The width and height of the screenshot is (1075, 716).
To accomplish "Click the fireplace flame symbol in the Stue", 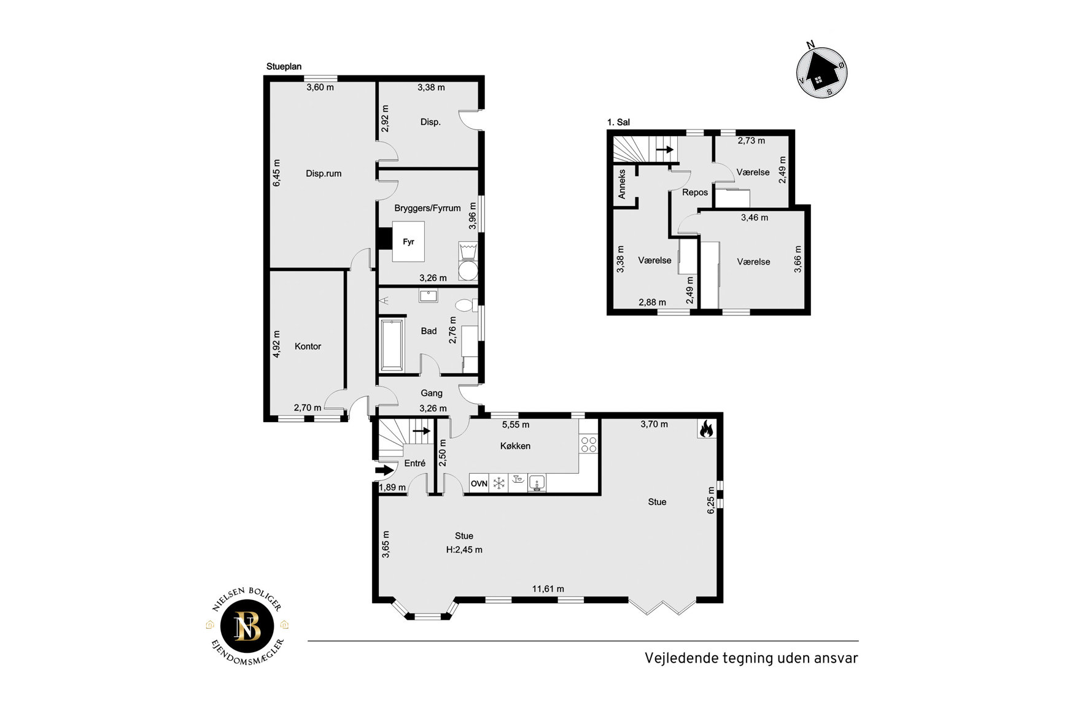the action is [x=706, y=428].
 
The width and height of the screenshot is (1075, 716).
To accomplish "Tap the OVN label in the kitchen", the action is [x=479, y=483].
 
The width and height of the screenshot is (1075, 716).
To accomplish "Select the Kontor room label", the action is [x=308, y=346].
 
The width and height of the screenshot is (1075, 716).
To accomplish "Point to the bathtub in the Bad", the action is [x=392, y=345].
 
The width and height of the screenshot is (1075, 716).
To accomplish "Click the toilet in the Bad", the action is [x=465, y=304].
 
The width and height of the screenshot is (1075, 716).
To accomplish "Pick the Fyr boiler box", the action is [x=408, y=242].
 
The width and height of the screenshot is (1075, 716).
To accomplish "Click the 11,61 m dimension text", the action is [x=548, y=589].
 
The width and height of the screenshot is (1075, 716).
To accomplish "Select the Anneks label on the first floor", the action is [x=622, y=184].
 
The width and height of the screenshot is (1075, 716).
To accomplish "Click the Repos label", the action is [x=695, y=192].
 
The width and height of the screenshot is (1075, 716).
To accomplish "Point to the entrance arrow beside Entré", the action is [x=384, y=471].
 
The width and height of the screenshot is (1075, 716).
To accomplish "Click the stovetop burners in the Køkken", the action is [x=589, y=444].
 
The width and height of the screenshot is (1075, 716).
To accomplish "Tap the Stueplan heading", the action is [x=284, y=66].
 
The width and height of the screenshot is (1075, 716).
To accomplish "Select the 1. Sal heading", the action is [x=618, y=122].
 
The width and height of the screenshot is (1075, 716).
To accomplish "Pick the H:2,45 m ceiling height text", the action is [x=464, y=550].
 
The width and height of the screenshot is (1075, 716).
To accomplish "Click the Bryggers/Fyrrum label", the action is [x=427, y=208].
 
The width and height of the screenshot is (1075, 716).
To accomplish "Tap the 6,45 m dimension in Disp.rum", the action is [x=276, y=173].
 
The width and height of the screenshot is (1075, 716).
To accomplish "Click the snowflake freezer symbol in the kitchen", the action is [x=499, y=483].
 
